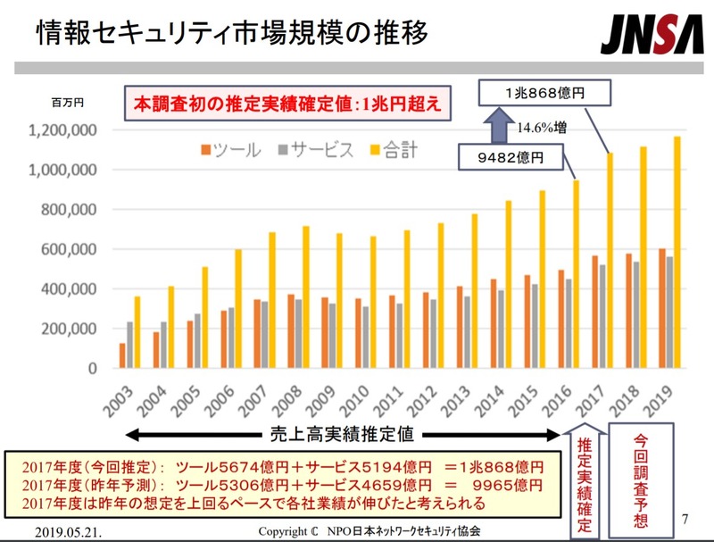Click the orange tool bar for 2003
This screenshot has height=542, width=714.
click(122, 355)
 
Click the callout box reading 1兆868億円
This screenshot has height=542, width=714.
click(544, 92)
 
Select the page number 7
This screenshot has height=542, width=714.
click(685, 518)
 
